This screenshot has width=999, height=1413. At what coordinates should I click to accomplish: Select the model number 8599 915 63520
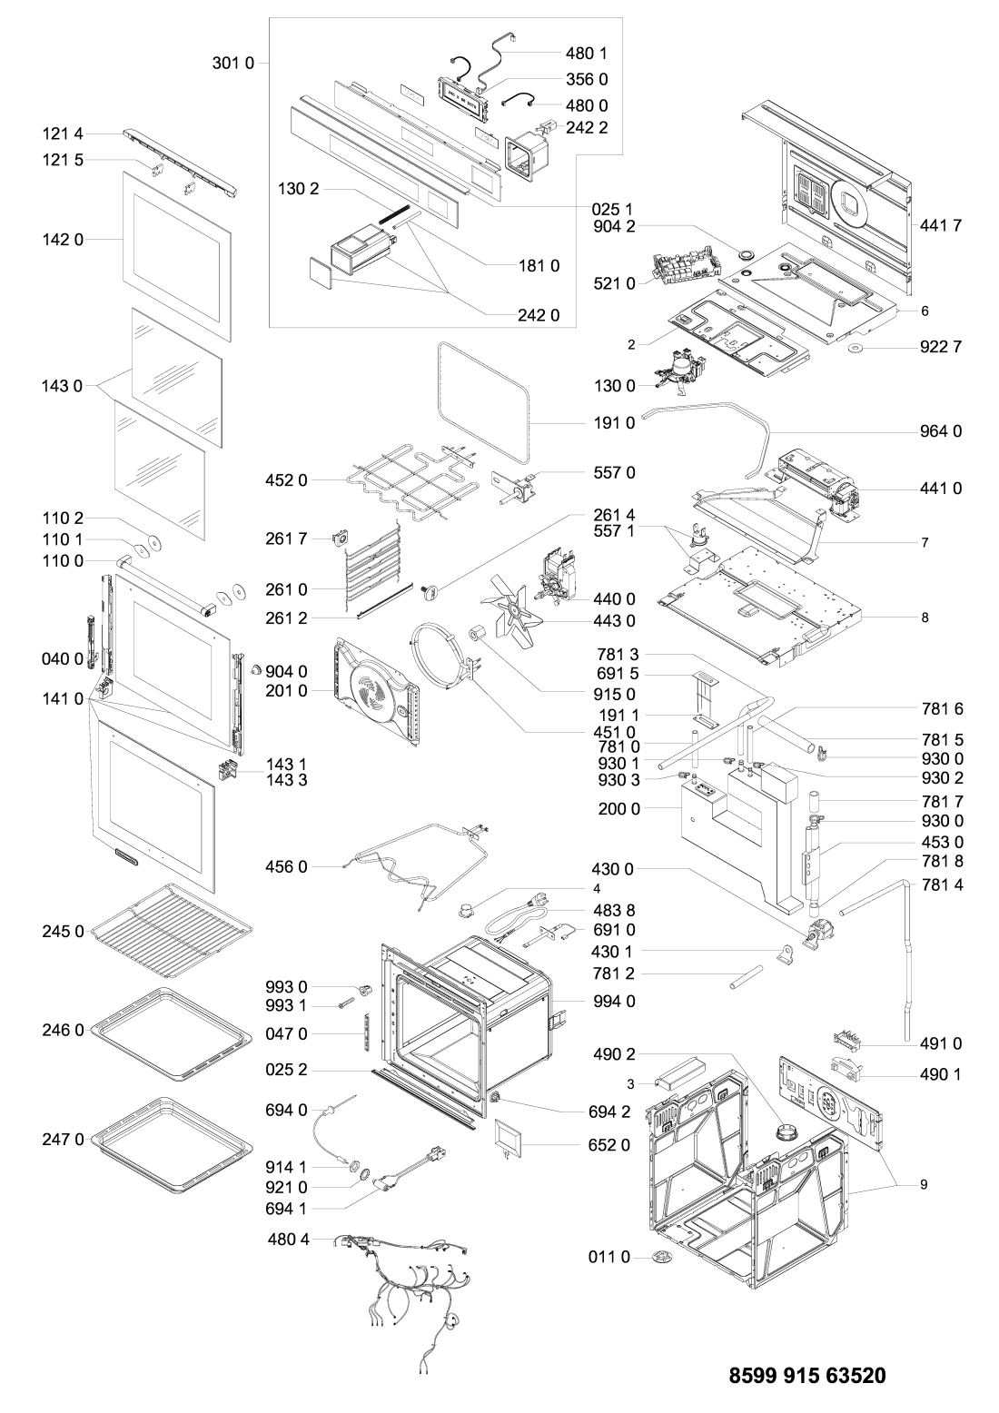pos(807,1375)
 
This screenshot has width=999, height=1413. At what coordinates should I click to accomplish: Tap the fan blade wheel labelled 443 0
pos(513,610)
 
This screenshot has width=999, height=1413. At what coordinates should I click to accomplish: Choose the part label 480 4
pos(289,1239)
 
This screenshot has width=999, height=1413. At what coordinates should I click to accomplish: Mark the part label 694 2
pos(608,1111)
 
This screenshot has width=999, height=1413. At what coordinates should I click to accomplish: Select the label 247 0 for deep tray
pos(63,1139)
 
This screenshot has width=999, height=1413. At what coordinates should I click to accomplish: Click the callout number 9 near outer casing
pos(924,1185)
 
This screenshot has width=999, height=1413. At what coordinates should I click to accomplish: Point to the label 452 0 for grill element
pos(289,480)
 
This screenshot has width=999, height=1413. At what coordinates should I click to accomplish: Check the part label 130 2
pos(299,191)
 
